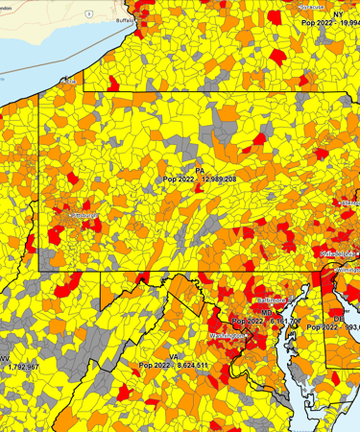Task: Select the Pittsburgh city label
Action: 84,216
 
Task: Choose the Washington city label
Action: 227,336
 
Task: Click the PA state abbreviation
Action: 200,170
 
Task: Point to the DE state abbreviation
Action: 338,318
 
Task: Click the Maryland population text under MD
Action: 278,322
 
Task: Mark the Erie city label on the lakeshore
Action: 69,83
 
